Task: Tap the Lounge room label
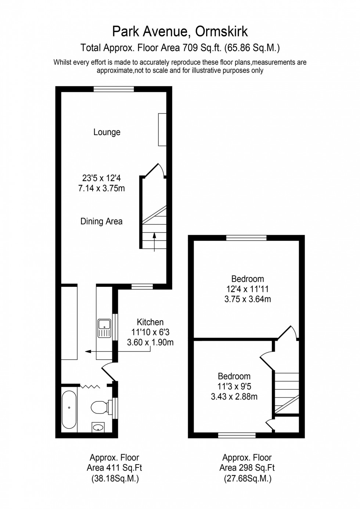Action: [107, 132]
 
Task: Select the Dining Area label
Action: [101, 221]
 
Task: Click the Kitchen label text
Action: [150, 322]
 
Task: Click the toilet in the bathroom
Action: [98, 407]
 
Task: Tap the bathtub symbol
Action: [69, 410]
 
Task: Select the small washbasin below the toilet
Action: [98, 427]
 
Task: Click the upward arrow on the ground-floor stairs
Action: [154, 241]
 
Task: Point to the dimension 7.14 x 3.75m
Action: [101, 189]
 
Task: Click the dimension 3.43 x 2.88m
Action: [234, 397]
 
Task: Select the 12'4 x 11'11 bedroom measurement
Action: [247, 289]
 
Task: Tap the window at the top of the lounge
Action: [114, 89]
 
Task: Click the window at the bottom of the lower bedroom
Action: [237, 435]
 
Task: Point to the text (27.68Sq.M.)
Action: [247, 479]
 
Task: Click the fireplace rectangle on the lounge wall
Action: [162, 130]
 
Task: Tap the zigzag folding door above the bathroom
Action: [90, 386]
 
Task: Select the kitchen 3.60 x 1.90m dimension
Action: [150, 343]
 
